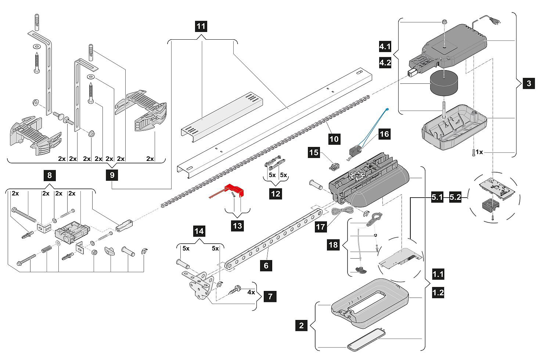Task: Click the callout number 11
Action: pyautogui.click(x=201, y=26)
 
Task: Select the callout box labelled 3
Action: pyautogui.click(x=529, y=83)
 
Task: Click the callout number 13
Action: pyautogui.click(x=238, y=226)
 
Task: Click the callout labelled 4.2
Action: pyautogui.click(x=385, y=62)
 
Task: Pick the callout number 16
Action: pyautogui.click(x=384, y=134)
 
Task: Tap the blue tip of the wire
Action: pyautogui.click(x=387, y=109)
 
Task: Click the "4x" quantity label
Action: pyautogui.click(x=251, y=293)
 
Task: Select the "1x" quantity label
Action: pyautogui.click(x=479, y=152)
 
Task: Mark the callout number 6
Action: pyautogui.click(x=266, y=265)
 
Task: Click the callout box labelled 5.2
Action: pyautogui.click(x=456, y=198)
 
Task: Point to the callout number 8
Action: pyautogui.click(x=50, y=175)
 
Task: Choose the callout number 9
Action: pyautogui.click(x=112, y=175)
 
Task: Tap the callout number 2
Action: pyautogui.click(x=302, y=325)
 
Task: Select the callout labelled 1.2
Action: pyautogui.click(x=438, y=293)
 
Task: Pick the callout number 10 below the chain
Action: pyautogui.click(x=334, y=139)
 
